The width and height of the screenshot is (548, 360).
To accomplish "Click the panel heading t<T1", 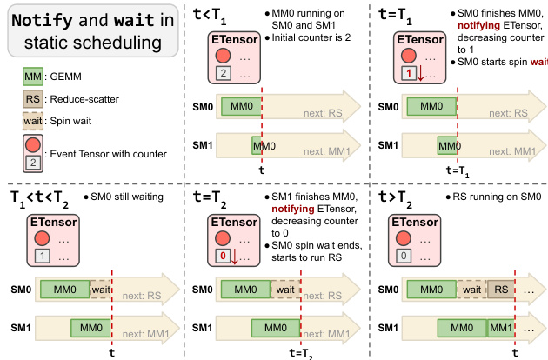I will pyautogui.click(x=214, y=13).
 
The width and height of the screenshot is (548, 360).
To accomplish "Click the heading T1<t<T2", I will pyautogui.click(x=40, y=197).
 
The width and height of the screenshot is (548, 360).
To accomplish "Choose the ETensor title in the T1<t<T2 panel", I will pyautogui.click(x=49, y=220).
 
